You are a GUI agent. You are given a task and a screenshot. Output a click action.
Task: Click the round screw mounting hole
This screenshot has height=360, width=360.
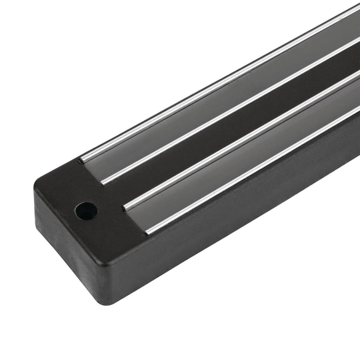(x=85, y=210)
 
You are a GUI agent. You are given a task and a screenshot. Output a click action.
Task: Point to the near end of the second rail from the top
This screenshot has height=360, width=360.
(x=103, y=181)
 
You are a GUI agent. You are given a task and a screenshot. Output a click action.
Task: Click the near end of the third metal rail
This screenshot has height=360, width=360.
(x=126, y=206)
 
